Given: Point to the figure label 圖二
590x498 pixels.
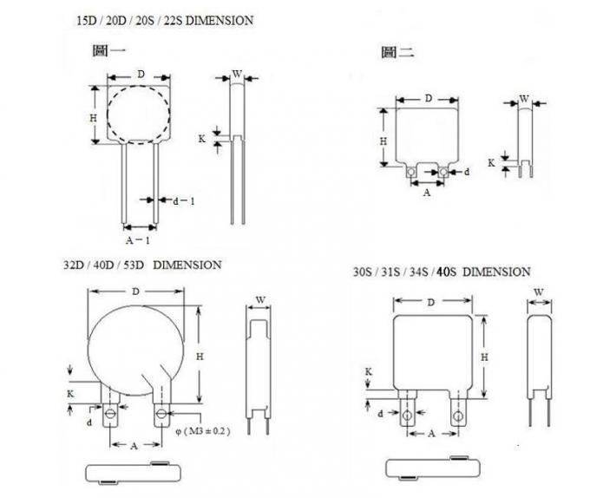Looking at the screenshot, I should (397, 53).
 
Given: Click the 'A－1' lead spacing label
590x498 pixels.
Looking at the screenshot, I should (137, 239).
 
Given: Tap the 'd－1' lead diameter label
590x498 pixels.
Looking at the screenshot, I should (184, 201).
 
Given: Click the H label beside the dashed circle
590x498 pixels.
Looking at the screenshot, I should (94, 116).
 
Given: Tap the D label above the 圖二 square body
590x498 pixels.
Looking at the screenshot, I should (428, 98).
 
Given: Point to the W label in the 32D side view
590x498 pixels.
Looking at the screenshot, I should (259, 300).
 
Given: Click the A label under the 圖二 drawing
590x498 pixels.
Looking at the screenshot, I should (426, 193).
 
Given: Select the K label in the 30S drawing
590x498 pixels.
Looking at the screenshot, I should (368, 370).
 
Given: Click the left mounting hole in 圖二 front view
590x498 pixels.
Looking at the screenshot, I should (412, 173).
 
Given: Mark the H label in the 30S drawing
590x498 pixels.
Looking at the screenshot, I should (484, 357).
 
